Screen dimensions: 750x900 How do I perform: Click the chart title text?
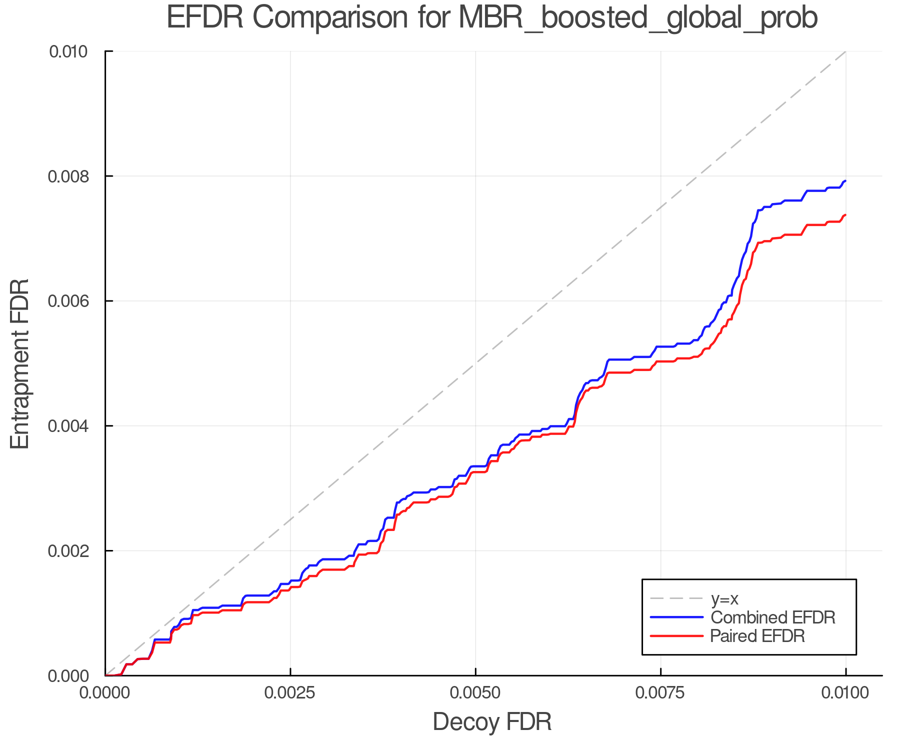point(492,18)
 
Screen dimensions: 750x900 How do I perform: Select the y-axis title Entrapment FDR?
point(20,364)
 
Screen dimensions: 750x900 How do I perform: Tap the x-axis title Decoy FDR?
point(492,722)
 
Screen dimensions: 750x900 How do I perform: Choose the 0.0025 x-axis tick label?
point(290,693)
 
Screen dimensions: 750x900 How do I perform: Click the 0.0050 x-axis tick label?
point(475,693)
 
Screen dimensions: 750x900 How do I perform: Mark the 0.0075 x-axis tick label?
point(660,693)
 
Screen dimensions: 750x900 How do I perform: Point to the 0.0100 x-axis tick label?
point(845,693)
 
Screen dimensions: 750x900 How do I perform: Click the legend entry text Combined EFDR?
point(773,617)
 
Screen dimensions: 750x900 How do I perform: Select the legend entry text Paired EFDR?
point(757,636)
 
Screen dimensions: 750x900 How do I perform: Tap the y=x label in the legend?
point(724,598)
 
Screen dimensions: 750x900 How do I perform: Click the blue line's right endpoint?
point(845,181)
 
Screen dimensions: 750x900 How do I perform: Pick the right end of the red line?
point(845,215)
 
